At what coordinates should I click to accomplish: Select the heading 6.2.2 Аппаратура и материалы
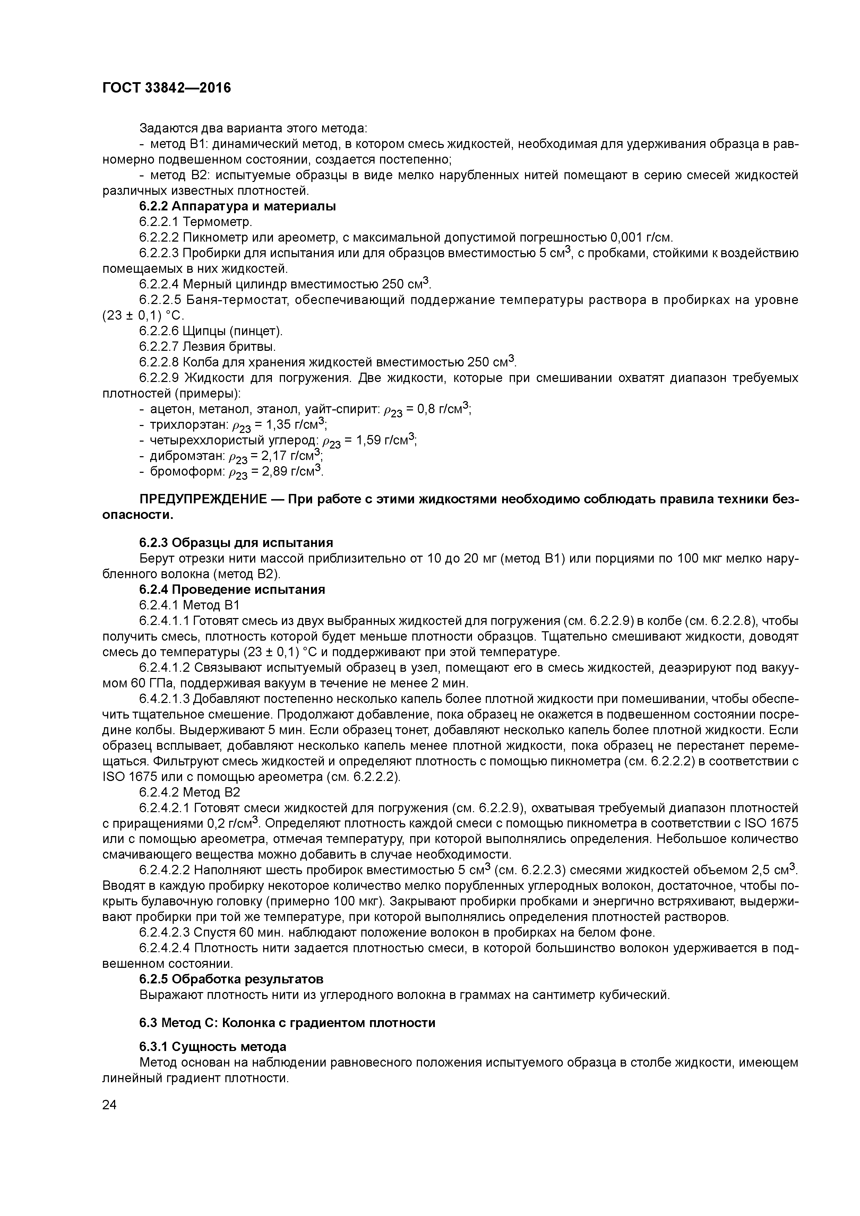coord(238,207)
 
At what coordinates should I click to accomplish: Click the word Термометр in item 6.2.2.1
coord(217,222)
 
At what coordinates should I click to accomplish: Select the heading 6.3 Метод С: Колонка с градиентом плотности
coord(287,1023)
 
